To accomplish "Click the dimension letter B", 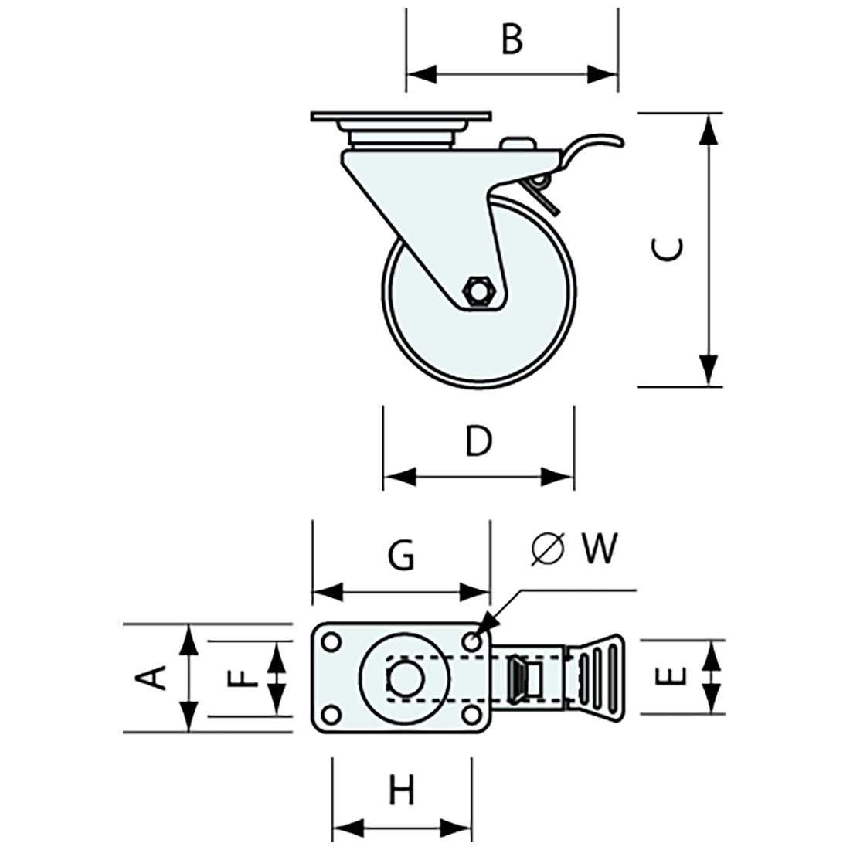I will click(x=512, y=39).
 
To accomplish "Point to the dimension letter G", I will click(x=401, y=556).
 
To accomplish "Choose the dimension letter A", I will click(x=151, y=676).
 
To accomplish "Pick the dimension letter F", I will click(x=243, y=678).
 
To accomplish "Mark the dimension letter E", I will click(x=671, y=677).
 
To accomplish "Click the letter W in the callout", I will click(x=600, y=549).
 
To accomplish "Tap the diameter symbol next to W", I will click(x=547, y=549).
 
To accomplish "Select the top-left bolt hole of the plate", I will click(x=331, y=642).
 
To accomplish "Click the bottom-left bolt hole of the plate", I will click(x=331, y=713).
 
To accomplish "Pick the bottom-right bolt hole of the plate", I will click(x=471, y=713).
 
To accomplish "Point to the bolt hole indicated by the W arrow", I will click(x=472, y=641).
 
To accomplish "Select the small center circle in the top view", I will click(x=403, y=678).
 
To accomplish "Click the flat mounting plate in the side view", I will click(x=400, y=117).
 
